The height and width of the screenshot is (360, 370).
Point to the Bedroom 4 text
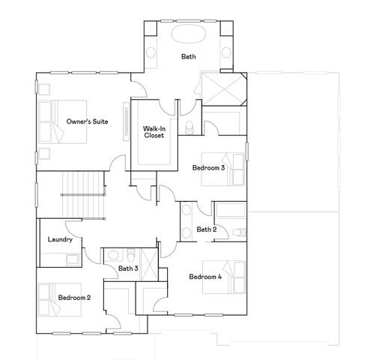(x=205, y=277)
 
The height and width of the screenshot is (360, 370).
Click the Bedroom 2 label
(x=74, y=298)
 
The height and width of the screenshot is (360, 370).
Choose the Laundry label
(x=59, y=240)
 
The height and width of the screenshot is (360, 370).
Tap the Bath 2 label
(x=207, y=229)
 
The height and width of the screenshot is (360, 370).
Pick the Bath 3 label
(x=128, y=268)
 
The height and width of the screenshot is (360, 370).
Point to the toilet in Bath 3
(x=130, y=253)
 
